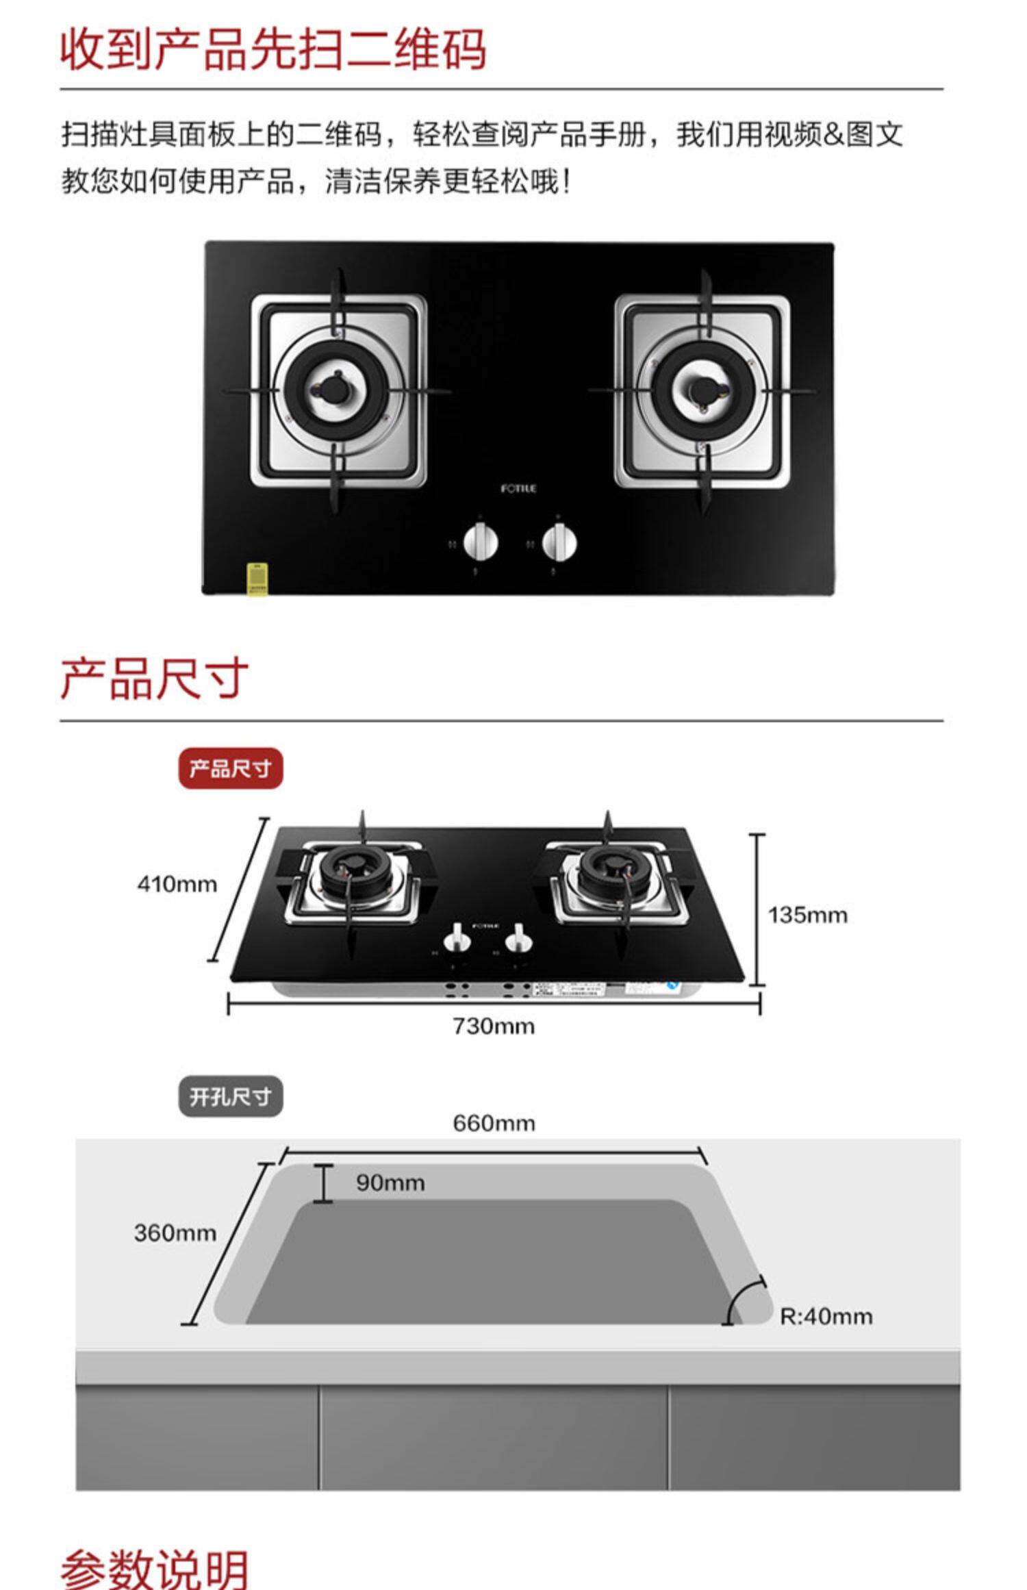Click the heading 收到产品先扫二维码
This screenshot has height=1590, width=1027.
pyautogui.click(x=272, y=49)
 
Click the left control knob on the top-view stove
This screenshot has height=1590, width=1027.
pyautogui.click(x=480, y=543)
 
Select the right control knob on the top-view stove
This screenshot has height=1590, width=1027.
pyautogui.click(x=559, y=543)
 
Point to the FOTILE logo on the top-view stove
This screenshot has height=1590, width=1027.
pyautogui.click(x=518, y=488)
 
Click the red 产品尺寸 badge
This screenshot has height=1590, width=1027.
pyautogui.click(x=230, y=768)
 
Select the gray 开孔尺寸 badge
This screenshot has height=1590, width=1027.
pyautogui.click(x=230, y=1096)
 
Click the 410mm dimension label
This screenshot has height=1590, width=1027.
pyautogui.click(x=177, y=884)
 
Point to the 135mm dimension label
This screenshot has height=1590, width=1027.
pyautogui.click(x=807, y=915)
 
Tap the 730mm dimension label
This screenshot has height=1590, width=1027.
pyautogui.click(x=493, y=1026)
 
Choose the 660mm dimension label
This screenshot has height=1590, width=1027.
pyautogui.click(x=494, y=1123)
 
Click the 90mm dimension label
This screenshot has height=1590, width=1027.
pyautogui.click(x=390, y=1183)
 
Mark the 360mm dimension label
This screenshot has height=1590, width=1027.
pyautogui.click(x=175, y=1233)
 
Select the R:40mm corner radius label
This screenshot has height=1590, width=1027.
pyautogui.click(x=826, y=1316)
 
